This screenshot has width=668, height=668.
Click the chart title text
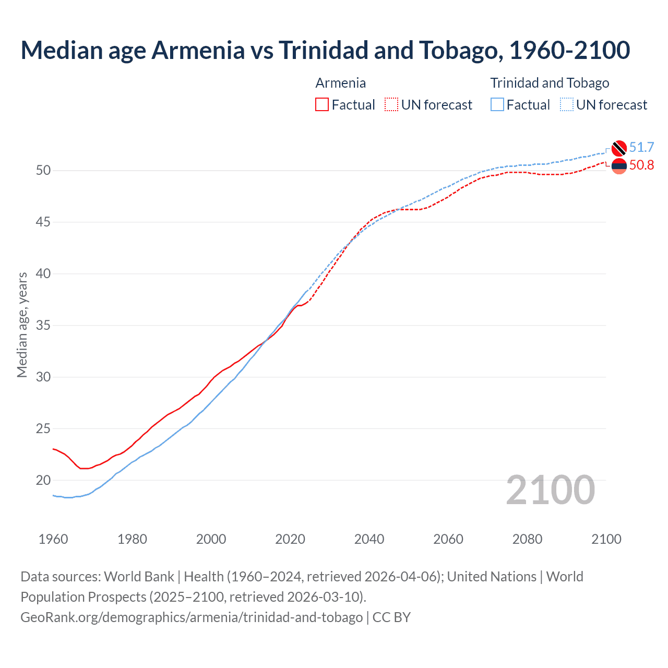(325, 50)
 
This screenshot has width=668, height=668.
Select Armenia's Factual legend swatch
(322, 105)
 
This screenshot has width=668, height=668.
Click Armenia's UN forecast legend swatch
(391, 105)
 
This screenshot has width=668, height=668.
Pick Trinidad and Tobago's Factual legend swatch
(497, 105)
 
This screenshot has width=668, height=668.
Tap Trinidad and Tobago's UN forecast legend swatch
(567, 105)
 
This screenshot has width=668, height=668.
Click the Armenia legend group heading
(340, 83)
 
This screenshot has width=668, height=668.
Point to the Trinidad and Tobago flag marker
(618, 148)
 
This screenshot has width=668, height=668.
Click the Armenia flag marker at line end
(618, 166)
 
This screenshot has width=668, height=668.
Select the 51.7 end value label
(641, 148)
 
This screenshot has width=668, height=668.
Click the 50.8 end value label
(641, 165)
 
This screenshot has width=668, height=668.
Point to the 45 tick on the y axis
(43, 222)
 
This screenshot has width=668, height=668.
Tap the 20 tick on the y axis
(43, 480)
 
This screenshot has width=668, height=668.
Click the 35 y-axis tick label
(43, 326)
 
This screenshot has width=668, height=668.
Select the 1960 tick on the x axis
(53, 539)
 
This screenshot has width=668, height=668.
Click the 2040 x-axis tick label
(369, 539)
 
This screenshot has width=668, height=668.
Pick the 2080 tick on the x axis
(527, 539)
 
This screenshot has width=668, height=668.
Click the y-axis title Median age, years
(22, 325)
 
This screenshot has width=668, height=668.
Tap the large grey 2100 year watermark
(550, 490)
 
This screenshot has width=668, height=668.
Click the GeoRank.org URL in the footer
(192, 617)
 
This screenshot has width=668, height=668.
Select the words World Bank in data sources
(139, 577)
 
